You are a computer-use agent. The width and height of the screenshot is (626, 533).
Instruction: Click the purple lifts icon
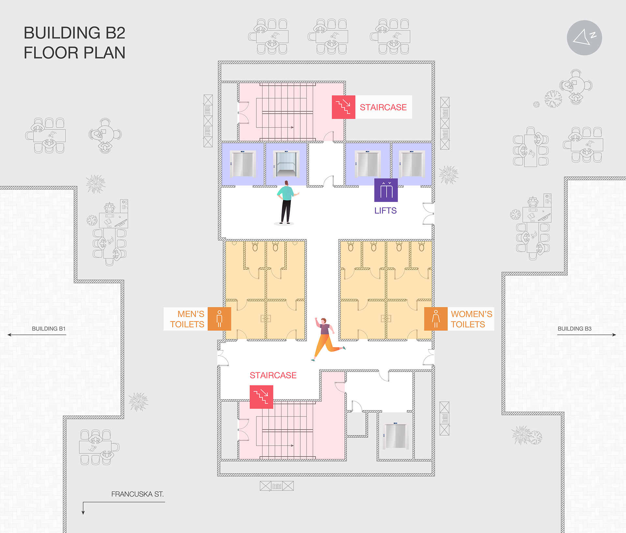386,190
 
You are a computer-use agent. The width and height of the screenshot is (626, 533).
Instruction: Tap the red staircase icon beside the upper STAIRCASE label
343,107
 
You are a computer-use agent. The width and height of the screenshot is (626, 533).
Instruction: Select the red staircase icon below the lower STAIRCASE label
261,397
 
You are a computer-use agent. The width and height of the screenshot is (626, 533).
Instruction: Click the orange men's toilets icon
219,319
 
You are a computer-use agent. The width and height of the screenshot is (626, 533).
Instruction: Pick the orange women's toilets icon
436,319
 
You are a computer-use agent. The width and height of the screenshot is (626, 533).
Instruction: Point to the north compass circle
584,38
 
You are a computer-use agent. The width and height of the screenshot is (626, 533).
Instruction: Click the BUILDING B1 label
49,328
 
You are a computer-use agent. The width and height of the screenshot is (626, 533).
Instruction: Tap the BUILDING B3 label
574,328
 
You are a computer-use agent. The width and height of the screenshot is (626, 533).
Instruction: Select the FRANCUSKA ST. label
137,494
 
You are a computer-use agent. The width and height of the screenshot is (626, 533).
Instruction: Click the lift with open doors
286,164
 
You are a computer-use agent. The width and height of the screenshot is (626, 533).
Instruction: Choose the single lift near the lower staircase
395,436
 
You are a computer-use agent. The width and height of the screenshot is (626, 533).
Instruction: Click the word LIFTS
385,210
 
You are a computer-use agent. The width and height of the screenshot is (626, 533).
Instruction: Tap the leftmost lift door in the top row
243,164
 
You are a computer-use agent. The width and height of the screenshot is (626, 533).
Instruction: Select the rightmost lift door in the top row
412,164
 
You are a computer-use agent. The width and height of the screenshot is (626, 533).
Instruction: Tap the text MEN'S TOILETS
187,319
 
